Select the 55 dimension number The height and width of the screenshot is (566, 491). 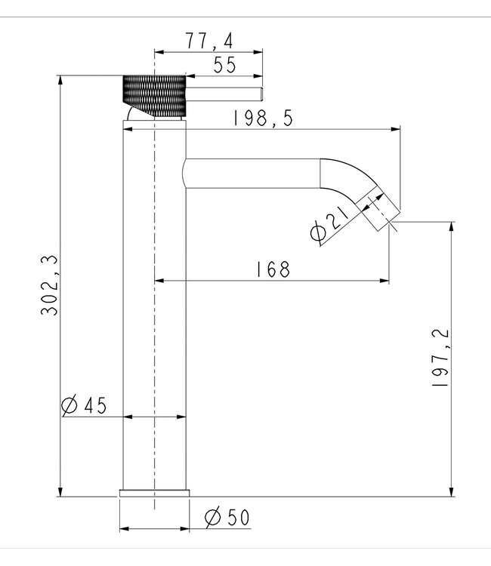(x=224, y=66)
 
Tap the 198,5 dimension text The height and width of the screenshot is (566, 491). (x=264, y=118)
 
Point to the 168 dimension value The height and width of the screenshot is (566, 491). (x=273, y=269)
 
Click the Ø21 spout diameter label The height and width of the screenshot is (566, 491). (x=329, y=224)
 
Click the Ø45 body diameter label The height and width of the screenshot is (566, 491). (x=83, y=406)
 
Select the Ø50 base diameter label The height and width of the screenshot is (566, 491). (x=227, y=518)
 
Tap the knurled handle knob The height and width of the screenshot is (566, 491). (x=154, y=96)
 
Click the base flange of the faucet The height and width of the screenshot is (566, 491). (x=154, y=493)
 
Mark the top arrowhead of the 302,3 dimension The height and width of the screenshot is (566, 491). (x=60, y=78)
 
